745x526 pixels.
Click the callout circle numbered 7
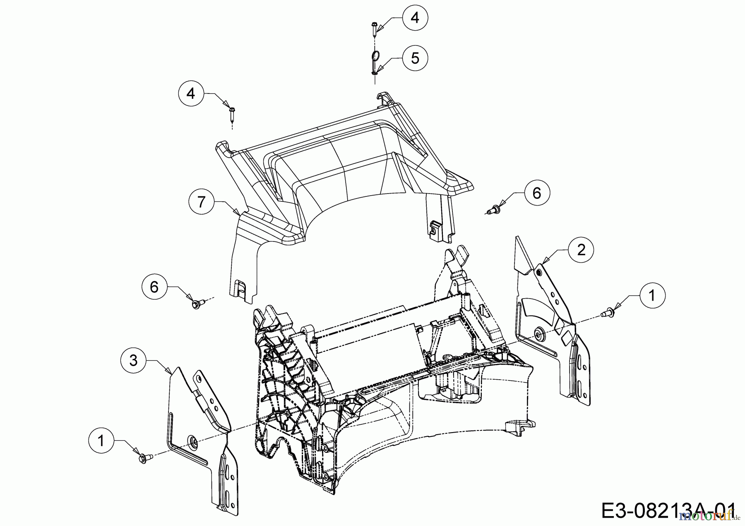(202, 202)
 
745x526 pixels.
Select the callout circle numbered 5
(415, 58)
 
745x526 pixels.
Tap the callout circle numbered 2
(581, 250)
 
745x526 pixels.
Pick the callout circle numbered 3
(133, 361)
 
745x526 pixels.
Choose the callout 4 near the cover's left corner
(191, 93)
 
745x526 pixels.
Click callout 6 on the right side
(536, 192)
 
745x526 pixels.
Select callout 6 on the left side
(154, 287)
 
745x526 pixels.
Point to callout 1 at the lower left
(101, 441)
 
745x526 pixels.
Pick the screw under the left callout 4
(232, 114)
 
